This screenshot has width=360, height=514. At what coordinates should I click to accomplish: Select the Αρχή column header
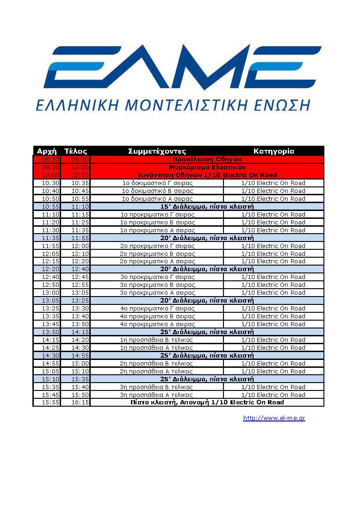pyautogui.click(x=46, y=151)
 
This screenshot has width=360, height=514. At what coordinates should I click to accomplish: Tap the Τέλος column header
pyautogui.click(x=75, y=151)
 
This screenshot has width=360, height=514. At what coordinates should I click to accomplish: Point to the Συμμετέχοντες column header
pyautogui.click(x=157, y=151)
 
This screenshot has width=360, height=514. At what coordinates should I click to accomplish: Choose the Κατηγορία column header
pyautogui.click(x=273, y=151)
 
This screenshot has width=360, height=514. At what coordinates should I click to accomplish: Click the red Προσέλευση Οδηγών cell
pyautogui.click(x=207, y=159)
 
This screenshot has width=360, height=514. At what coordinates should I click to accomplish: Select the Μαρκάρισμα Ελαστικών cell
pyautogui.click(x=207, y=167)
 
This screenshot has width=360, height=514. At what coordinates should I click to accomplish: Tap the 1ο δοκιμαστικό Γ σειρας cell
pyautogui.click(x=157, y=183)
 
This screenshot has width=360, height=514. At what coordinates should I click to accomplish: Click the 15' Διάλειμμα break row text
pyautogui.click(x=207, y=206)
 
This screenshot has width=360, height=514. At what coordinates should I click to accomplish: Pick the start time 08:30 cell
pyautogui.click(x=50, y=159)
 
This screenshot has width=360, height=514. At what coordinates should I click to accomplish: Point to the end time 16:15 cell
pyautogui.click(x=80, y=403)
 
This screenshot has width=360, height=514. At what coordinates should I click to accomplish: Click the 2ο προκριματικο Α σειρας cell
pyautogui.click(x=157, y=261)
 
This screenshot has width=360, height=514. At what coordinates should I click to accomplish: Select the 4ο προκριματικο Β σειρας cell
pyautogui.click(x=157, y=316)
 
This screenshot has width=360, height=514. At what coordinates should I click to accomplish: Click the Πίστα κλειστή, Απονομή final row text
pyautogui.click(x=207, y=403)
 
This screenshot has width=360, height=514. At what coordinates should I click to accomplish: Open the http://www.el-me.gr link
pyautogui.click(x=274, y=418)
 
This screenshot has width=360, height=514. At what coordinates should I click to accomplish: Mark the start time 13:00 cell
pyautogui.click(x=50, y=293)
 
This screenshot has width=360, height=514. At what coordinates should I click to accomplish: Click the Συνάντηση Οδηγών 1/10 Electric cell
pyautogui.click(x=207, y=175)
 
